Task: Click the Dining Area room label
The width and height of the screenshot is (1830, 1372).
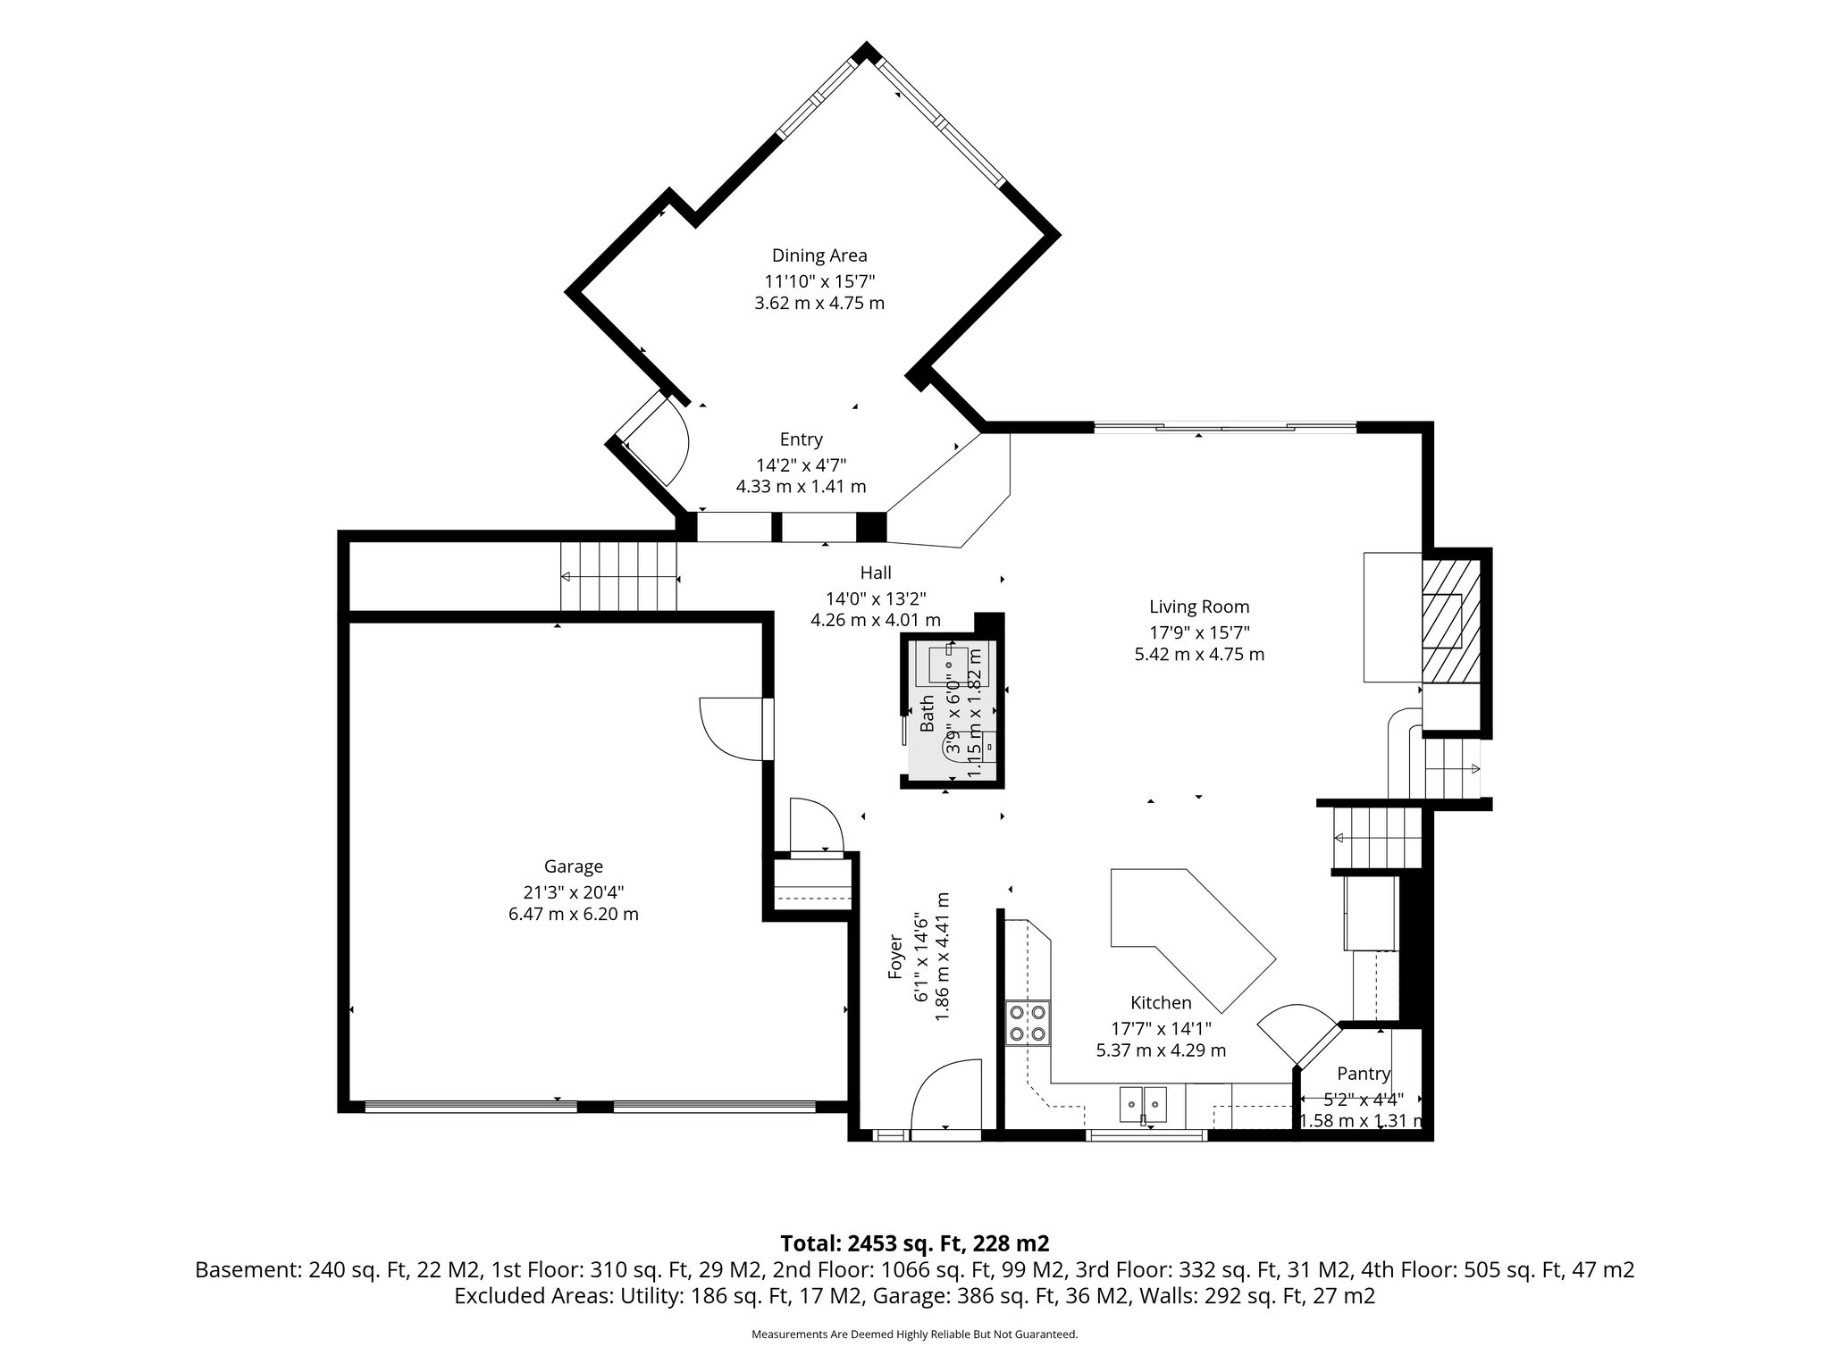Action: click(819, 255)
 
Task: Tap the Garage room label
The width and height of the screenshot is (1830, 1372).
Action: click(573, 866)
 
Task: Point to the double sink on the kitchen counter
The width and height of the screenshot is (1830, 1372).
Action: click(1144, 1105)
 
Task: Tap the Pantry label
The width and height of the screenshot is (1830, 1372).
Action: click(1363, 1074)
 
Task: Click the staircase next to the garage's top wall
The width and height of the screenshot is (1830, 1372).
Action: click(618, 577)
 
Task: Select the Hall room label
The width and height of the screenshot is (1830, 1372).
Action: click(876, 573)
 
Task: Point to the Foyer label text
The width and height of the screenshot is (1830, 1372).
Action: click(895, 958)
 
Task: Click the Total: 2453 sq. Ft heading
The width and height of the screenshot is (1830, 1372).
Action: click(914, 1243)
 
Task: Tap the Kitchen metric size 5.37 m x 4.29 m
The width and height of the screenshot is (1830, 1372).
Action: click(1161, 1050)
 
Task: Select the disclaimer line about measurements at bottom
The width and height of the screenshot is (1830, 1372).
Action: click(914, 1334)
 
